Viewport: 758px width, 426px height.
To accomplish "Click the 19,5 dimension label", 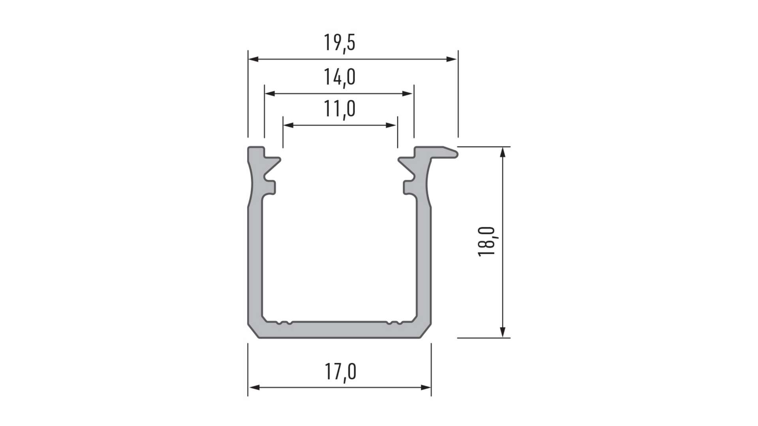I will pos(340,43).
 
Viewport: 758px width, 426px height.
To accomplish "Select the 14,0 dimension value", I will pos(340,77).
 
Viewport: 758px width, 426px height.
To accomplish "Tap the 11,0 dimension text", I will pos(340,109).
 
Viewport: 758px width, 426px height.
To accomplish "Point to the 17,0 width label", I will pos(340,372).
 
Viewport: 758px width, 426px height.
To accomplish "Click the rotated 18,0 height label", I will pos(487,241).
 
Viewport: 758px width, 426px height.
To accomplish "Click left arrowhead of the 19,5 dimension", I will pos(253,59).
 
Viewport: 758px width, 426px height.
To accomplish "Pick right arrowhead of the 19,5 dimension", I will pos(452,59).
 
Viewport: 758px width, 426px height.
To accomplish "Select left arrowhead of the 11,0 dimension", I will pos(288,125).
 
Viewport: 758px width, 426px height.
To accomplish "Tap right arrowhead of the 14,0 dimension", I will pos(408,94).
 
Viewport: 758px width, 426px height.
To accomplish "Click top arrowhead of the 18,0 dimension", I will pos(503,152).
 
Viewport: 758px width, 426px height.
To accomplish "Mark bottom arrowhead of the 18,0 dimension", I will pos(503,333).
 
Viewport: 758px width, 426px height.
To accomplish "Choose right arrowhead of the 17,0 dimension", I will pos(426,387).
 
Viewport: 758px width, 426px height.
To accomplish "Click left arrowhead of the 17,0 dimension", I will pos(253,387).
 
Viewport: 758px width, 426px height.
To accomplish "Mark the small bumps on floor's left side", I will pos(284,323).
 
